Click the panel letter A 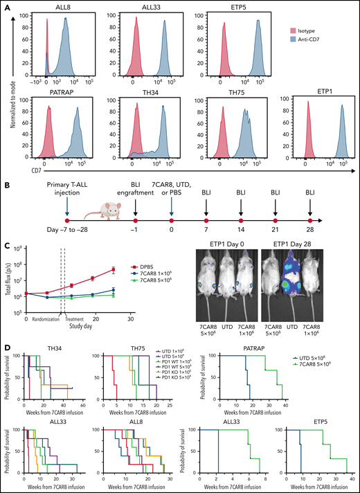click(x=6, y=6)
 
